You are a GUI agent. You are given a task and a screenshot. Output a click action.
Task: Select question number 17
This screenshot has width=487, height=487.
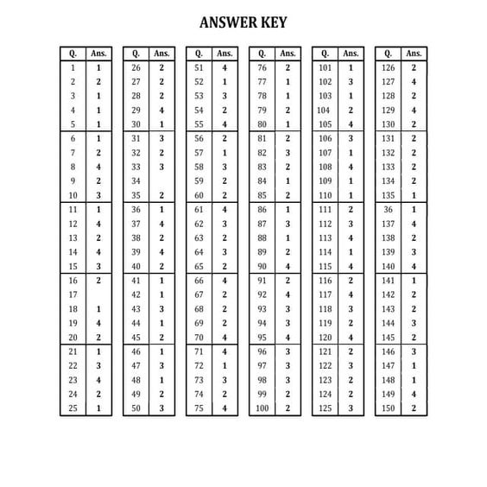pyautogui.click(x=73, y=294)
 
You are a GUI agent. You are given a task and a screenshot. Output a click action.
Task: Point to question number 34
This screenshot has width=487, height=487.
pyautogui.click(x=136, y=180)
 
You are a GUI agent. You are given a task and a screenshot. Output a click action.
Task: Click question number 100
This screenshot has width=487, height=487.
pyautogui.click(x=262, y=408)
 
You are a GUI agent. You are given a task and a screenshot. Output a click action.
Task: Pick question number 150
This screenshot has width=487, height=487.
pyautogui.click(x=388, y=408)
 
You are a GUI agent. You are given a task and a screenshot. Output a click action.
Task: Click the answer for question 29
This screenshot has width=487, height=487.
pyautogui.click(x=161, y=111)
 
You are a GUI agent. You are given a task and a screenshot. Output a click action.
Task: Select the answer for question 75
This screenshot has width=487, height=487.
pyautogui.click(x=225, y=408)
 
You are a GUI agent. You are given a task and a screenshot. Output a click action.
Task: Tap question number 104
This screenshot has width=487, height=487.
pyautogui.click(x=324, y=111)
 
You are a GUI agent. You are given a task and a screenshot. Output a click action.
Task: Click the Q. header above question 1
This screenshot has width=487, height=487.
pyautogui.click(x=73, y=53)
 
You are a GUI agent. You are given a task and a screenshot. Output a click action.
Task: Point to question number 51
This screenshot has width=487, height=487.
pyautogui.click(x=199, y=67)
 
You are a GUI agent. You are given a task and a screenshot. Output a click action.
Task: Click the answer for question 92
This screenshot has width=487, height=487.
pyautogui.click(x=288, y=294)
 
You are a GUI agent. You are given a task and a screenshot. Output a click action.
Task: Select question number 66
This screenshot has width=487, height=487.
pyautogui.click(x=199, y=281)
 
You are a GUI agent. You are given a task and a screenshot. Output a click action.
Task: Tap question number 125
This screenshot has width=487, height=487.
pyautogui.click(x=325, y=408)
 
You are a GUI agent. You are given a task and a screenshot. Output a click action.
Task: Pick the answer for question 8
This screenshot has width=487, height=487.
pyautogui.click(x=98, y=167)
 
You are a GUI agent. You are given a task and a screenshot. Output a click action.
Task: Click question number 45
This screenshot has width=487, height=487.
pyautogui.click(x=136, y=337)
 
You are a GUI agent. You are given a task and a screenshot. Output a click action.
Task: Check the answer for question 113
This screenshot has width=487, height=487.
pyautogui.click(x=351, y=237)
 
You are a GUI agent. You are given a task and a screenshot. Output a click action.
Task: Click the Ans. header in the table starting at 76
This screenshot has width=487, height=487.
pyautogui.click(x=288, y=53)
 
